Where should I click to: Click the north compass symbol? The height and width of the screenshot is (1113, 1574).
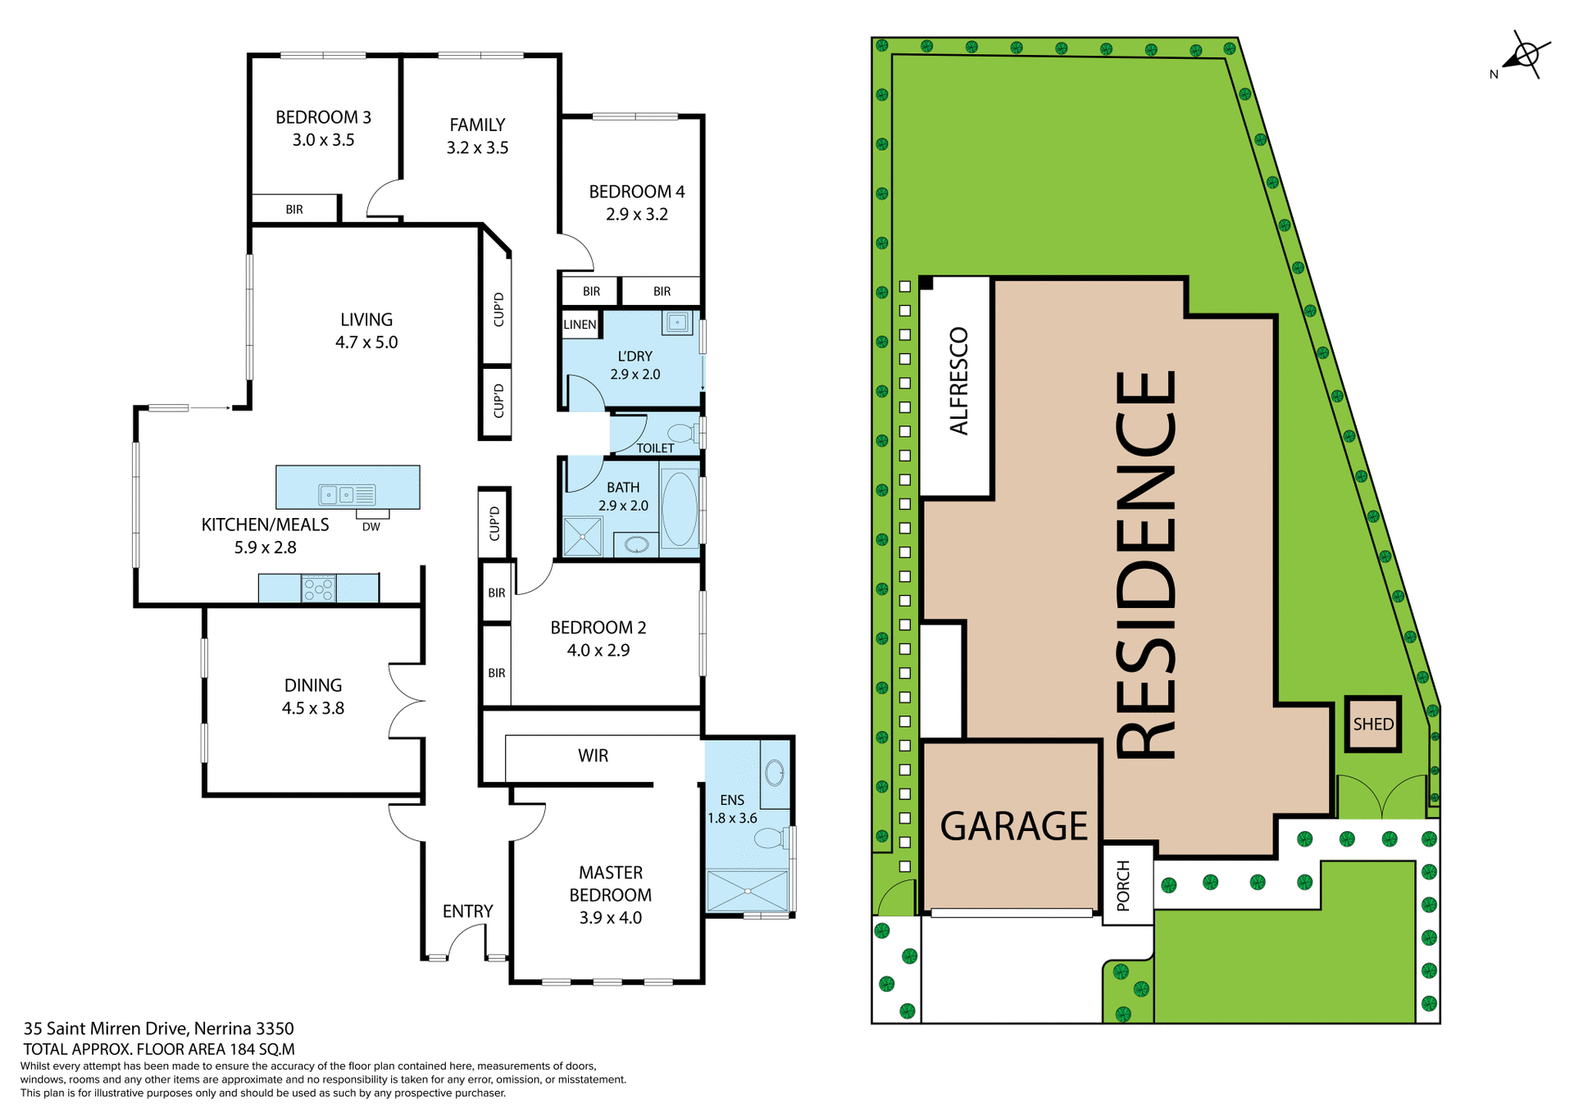[x=1526, y=56]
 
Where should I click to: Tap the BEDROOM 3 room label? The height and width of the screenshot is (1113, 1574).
[x=323, y=117]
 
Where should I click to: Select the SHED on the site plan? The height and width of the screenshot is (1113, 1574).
[x=1372, y=724]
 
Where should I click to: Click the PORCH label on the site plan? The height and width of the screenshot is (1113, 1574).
[x=1123, y=885]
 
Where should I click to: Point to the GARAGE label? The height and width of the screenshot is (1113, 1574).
[x=1013, y=825]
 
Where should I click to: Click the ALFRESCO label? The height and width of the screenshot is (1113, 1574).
[x=958, y=381]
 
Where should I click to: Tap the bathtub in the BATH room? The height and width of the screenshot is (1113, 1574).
[x=679, y=508]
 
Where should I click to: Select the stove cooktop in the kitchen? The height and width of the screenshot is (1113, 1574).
[x=319, y=588]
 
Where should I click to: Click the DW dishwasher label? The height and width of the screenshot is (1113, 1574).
[x=371, y=527]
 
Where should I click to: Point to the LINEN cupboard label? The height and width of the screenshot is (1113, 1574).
[x=580, y=325]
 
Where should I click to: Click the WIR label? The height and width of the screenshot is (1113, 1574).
[x=593, y=756]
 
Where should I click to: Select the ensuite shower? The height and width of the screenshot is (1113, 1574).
[x=747, y=891]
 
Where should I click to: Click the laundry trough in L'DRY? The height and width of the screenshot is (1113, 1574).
[x=677, y=322]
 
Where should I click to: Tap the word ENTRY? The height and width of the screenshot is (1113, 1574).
[x=467, y=911]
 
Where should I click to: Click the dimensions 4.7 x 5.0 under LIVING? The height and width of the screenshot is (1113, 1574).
[x=366, y=343]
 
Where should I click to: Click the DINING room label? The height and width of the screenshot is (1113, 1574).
[x=312, y=685]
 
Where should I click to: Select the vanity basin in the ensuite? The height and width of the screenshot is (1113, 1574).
[x=774, y=772]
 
